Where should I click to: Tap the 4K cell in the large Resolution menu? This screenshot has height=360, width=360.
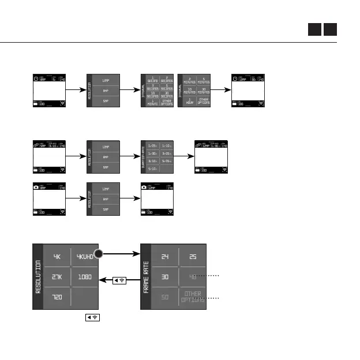(57, 257)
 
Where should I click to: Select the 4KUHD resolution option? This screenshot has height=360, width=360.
(84, 257)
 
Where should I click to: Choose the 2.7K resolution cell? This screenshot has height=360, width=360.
(57, 277)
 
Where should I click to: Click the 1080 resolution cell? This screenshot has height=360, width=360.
(84, 277)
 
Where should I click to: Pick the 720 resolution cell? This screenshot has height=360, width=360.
(57, 298)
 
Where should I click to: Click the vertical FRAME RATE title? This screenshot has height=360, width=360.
(146, 277)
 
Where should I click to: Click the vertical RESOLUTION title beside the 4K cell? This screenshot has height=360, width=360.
(38, 277)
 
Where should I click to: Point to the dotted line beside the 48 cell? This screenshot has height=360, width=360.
(212, 276)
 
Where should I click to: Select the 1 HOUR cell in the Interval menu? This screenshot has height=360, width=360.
(189, 100)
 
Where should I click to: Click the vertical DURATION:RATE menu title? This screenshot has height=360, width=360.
(144, 156)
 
